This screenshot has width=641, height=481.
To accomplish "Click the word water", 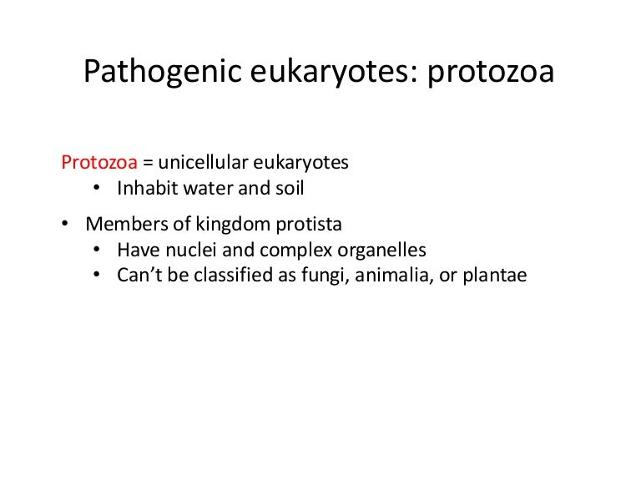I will [206, 188].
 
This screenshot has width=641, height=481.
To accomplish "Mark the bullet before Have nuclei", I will [98, 250].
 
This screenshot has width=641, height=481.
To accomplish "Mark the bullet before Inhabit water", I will [98, 188].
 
